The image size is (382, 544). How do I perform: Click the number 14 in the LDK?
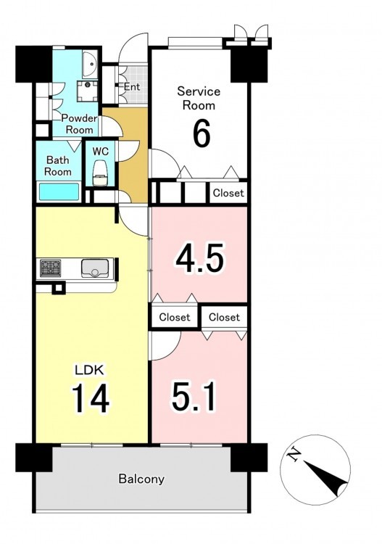tap(91, 398)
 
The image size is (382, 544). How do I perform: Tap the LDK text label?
tap(89, 370)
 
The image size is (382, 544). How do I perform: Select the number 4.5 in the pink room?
tap(199, 258)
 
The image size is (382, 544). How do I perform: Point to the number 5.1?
tap(194, 396)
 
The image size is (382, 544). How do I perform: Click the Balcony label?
tap(141, 479)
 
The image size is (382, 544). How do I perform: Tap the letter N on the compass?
tap(294, 454)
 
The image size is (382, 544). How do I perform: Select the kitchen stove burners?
tap(51, 268)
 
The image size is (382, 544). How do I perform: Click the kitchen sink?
tap(95, 268)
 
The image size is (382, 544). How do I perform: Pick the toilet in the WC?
tap(100, 173)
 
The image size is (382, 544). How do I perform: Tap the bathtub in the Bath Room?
tap(59, 191)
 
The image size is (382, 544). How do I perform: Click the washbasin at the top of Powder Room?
tap(91, 64)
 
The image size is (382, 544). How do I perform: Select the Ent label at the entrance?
tap(132, 87)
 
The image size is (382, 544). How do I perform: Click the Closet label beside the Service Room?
tap(228, 193)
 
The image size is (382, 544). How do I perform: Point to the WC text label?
tap(101, 152)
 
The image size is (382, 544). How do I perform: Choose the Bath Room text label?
tap(58, 166)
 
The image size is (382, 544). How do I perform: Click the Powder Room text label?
tap(80, 124)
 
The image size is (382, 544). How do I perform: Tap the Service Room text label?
tap(199, 98)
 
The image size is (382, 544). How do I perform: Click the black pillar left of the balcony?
tap(34, 457)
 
